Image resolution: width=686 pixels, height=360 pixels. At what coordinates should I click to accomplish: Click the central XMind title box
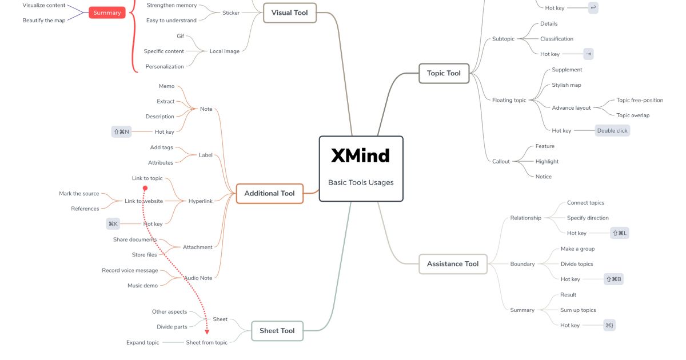click(361, 169)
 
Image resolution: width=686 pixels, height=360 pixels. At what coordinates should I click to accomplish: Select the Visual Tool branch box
click(289, 13)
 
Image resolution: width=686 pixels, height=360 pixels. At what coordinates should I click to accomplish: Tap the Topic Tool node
click(444, 73)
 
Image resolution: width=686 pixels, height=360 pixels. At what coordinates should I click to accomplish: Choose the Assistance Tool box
click(453, 264)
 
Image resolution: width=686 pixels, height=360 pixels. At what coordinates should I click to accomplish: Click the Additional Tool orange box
click(269, 193)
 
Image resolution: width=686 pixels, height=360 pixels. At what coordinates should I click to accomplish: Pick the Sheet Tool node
click(277, 331)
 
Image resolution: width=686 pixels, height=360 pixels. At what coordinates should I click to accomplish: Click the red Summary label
click(107, 13)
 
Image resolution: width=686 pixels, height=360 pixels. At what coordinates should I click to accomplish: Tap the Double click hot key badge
click(612, 131)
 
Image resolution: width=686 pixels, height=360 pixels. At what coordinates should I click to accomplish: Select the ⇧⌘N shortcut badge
click(121, 132)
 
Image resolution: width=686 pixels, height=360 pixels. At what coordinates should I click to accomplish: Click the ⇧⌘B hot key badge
click(613, 279)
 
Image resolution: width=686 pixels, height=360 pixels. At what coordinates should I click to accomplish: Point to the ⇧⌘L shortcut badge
click(620, 233)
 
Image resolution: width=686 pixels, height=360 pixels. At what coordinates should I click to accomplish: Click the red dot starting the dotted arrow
click(145, 188)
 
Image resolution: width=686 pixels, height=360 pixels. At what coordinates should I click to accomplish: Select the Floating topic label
click(509, 100)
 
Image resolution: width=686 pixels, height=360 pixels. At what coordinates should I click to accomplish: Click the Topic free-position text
click(640, 100)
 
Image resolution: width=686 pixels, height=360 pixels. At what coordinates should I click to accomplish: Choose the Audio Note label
click(198, 278)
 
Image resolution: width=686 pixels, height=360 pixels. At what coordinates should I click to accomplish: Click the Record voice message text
click(130, 270)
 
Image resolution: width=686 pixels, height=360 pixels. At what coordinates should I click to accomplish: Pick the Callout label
click(501, 161)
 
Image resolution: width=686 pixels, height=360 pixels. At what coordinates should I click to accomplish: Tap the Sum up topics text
click(578, 310)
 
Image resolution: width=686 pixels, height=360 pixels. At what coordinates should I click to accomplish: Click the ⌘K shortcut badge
click(113, 224)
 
